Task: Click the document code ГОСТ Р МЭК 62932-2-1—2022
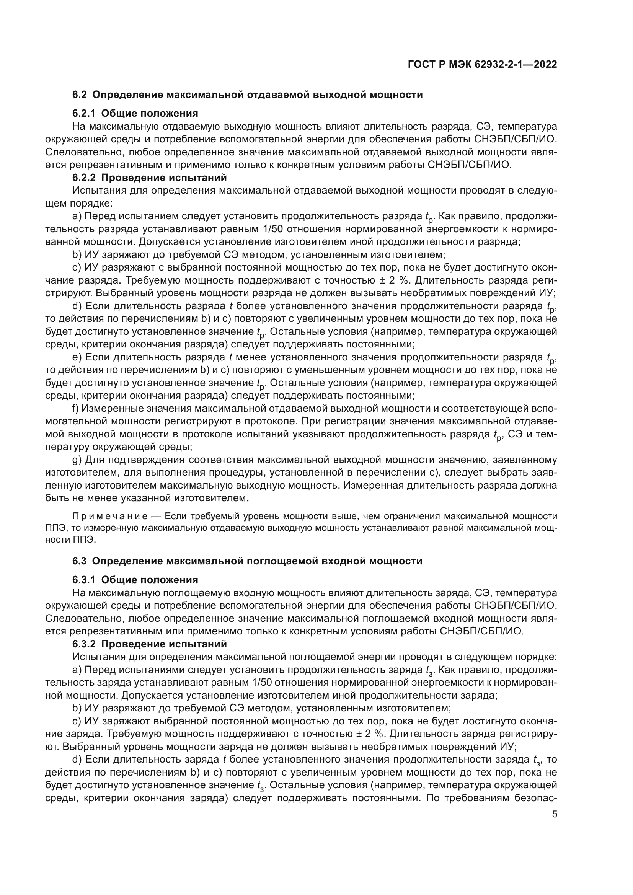tap(482, 65)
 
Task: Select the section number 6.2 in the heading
tap(80, 95)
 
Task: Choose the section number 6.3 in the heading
tap(80, 561)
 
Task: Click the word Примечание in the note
tap(110, 517)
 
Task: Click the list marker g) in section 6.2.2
tap(77, 460)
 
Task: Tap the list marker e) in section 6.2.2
tap(77, 357)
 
